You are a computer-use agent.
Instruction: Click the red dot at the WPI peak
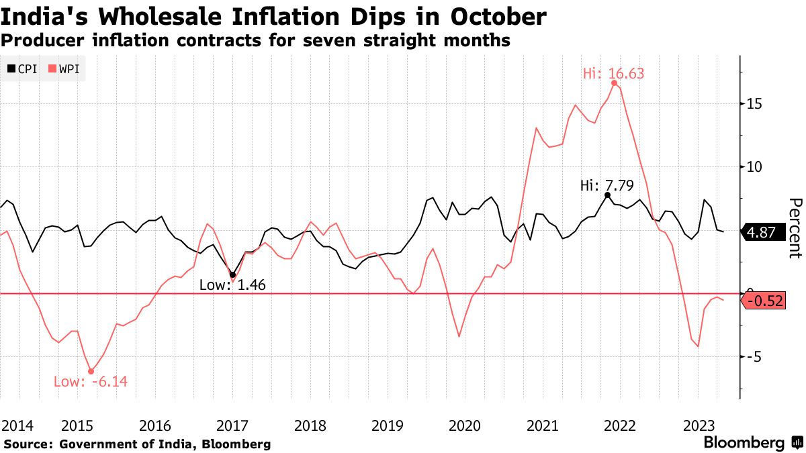(x=615, y=83)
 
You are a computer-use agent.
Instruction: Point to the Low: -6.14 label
(x=90, y=382)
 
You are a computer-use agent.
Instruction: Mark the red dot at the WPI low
(x=91, y=371)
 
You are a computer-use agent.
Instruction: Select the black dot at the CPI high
(x=607, y=195)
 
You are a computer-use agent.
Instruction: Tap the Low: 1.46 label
(x=232, y=285)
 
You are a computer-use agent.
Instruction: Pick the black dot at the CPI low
(x=232, y=274)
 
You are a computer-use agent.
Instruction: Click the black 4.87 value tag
(x=764, y=233)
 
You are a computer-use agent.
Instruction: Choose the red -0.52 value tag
(x=764, y=301)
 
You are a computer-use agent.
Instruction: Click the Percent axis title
(x=795, y=228)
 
